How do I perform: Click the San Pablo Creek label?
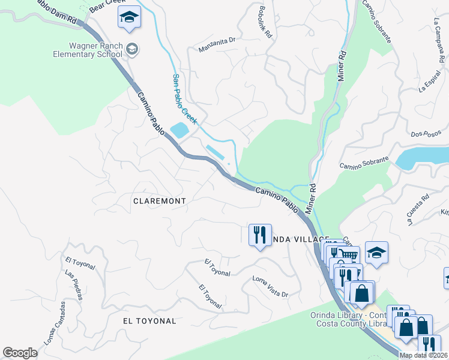click(x=181, y=95)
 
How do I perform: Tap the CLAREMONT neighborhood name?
click(x=159, y=201)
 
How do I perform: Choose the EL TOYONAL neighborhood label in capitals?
click(x=149, y=321)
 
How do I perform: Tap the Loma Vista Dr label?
click(x=270, y=287)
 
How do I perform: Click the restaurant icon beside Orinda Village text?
click(x=259, y=234)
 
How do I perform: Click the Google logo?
click(x=20, y=352)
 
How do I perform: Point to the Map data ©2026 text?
click(x=423, y=355)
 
